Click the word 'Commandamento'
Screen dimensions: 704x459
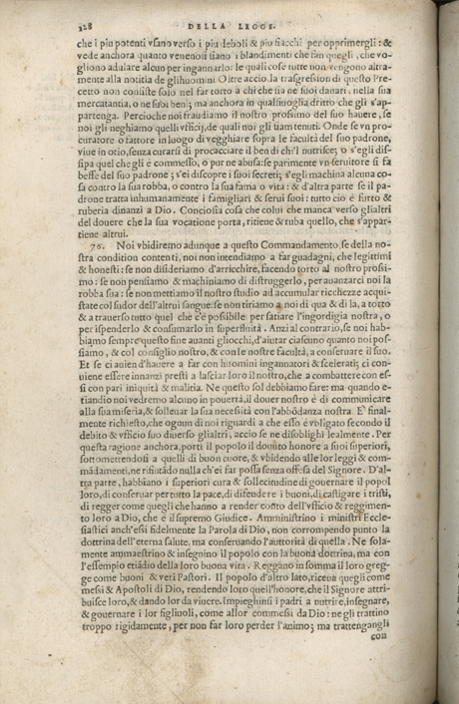tap(252, 242)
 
